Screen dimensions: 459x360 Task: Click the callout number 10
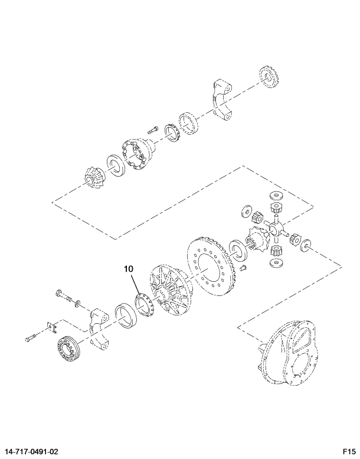click(x=129, y=269)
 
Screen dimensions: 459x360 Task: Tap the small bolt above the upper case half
click(x=150, y=129)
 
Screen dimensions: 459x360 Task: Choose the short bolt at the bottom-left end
click(x=31, y=338)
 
